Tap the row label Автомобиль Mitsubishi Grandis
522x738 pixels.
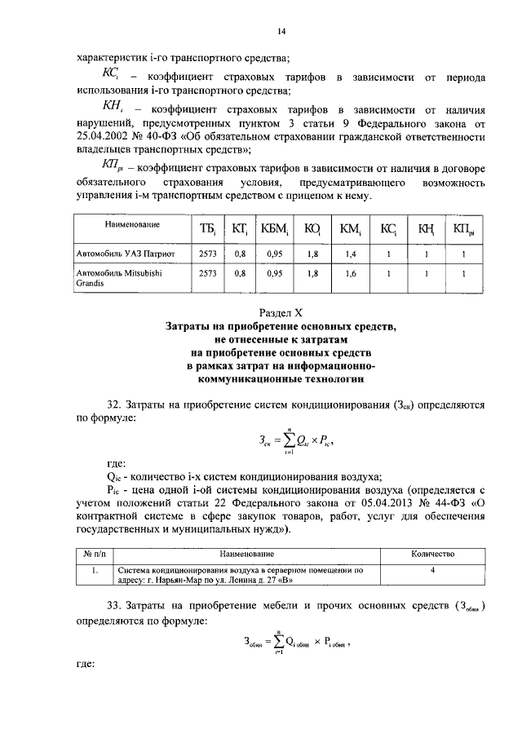point(118,279)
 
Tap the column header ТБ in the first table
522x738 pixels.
point(206,230)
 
